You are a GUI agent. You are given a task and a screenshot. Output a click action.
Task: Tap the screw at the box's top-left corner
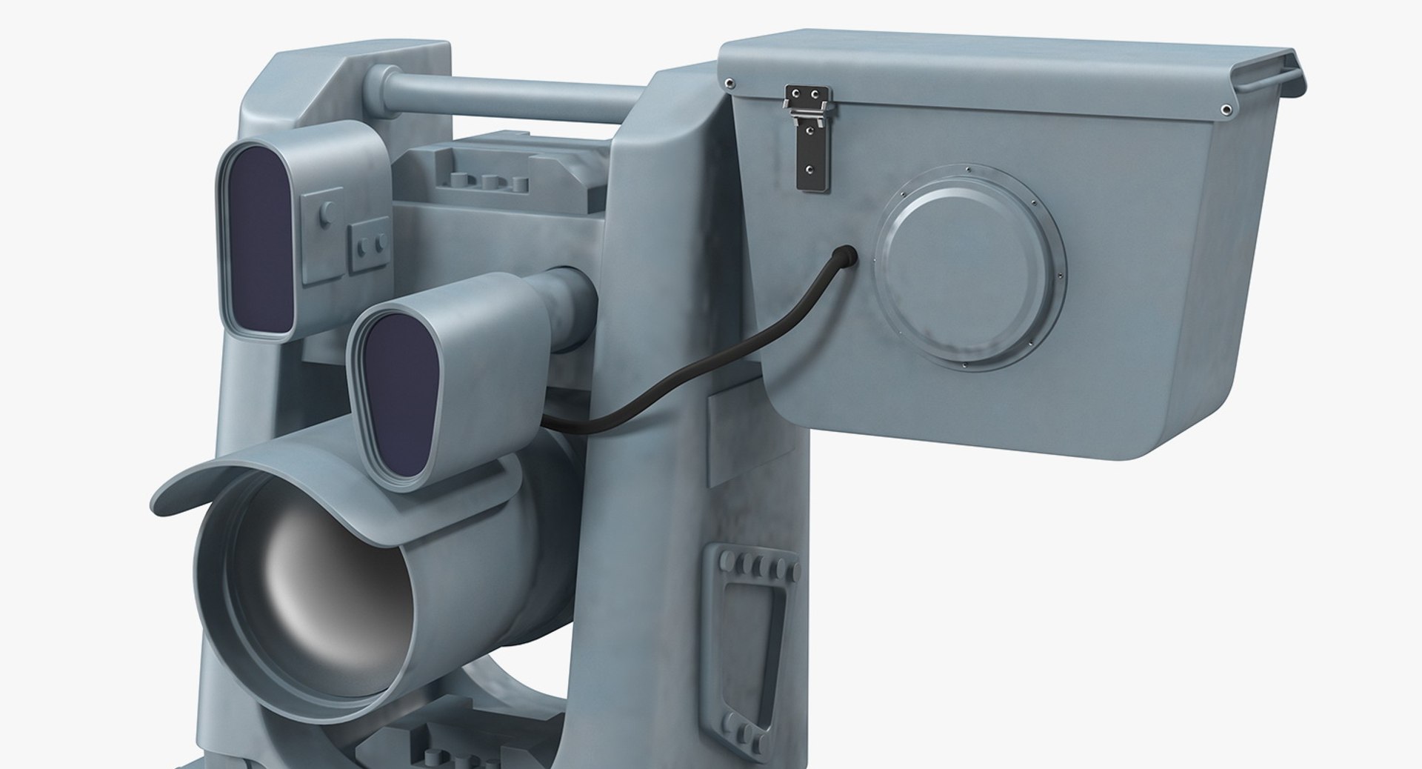point(730,82)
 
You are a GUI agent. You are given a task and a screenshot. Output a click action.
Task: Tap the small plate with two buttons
point(369,243)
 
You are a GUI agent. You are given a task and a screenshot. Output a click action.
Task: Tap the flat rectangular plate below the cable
point(723,437)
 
